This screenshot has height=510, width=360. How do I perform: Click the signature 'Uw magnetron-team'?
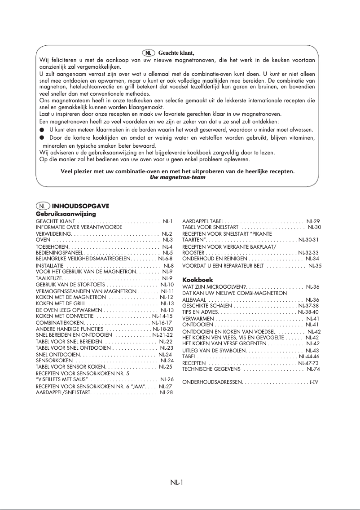(x=178, y=177)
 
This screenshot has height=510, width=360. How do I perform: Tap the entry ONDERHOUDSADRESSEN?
(x=212, y=382)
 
